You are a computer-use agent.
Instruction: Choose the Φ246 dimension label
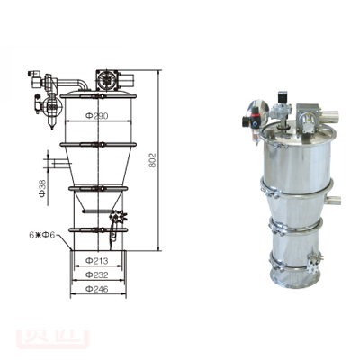(x=97, y=290)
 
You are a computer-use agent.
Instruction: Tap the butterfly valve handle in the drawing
(x=118, y=219)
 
